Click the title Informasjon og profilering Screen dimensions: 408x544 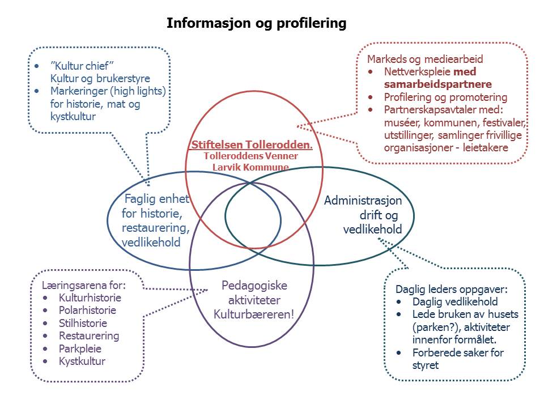[x=256, y=24]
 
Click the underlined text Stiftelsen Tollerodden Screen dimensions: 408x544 [x=252, y=145]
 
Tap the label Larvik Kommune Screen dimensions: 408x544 [x=250, y=167]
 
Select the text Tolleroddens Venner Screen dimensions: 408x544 [x=251, y=156]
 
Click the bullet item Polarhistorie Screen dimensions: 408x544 [x=87, y=311]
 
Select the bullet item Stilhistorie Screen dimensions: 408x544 [x=83, y=323]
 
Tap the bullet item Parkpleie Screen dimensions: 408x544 [x=80, y=348]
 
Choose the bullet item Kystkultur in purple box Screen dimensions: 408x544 [x=82, y=361]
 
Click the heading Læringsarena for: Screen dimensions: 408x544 [x=83, y=284]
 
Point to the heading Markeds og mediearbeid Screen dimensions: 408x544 [x=425, y=59]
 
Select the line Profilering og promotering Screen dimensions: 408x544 [x=445, y=97]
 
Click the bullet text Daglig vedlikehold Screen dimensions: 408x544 [x=455, y=301]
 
